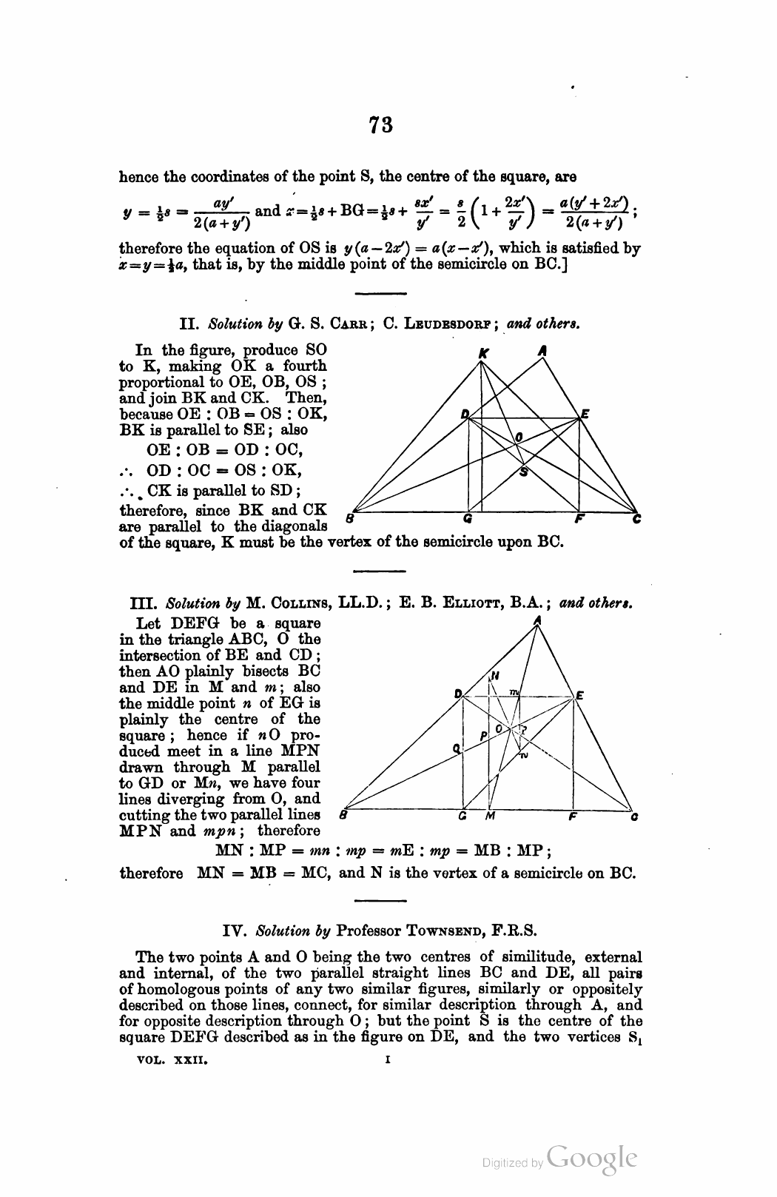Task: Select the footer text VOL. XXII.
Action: [173, 1060]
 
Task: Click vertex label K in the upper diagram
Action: [483, 354]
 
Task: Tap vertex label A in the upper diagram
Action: [542, 353]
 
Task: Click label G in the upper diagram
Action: [467, 519]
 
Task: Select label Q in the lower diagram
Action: [457, 748]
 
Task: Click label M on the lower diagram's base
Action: [489, 817]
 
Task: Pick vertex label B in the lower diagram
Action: [343, 817]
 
